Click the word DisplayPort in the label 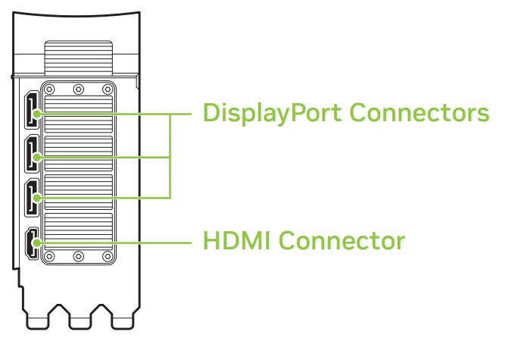(x=278, y=115)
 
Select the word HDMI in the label (x=237, y=243)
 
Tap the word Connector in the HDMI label (x=344, y=243)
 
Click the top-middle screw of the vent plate (x=78, y=89)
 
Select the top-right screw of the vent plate (x=107, y=89)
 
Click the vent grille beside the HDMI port (x=79, y=231)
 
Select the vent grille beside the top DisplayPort (x=79, y=114)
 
